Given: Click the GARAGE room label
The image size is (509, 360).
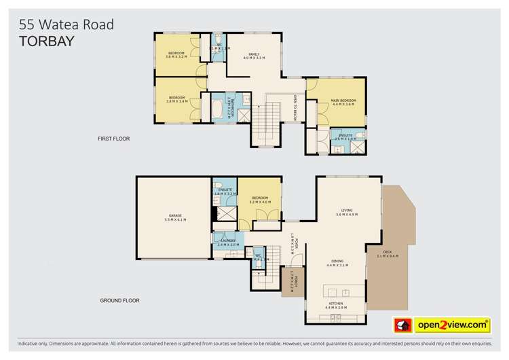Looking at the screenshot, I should tap(173, 215).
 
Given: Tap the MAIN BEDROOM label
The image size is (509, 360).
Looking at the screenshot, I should tap(343, 101).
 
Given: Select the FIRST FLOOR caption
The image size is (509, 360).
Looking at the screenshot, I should tap(113, 139).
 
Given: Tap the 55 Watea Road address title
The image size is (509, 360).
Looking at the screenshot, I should tap(67, 24).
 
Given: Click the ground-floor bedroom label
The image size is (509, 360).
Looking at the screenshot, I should tap(261, 198).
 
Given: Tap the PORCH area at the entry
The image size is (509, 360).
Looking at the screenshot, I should tap(291, 281).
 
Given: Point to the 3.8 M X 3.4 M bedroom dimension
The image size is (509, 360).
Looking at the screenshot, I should tap(177, 101).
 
